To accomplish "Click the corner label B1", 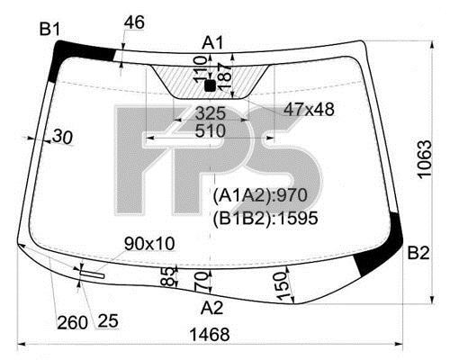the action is (x=49, y=30).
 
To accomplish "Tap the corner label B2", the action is (x=418, y=253).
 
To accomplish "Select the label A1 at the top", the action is (x=212, y=42).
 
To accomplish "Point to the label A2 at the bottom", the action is (x=211, y=308).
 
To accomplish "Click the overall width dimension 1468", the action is (x=210, y=334).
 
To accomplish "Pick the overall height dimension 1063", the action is (x=425, y=159).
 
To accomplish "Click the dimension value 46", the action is (x=134, y=22).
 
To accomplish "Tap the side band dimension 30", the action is (x=63, y=138).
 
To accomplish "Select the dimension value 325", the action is (x=210, y=113).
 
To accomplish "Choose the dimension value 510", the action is (x=210, y=130).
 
